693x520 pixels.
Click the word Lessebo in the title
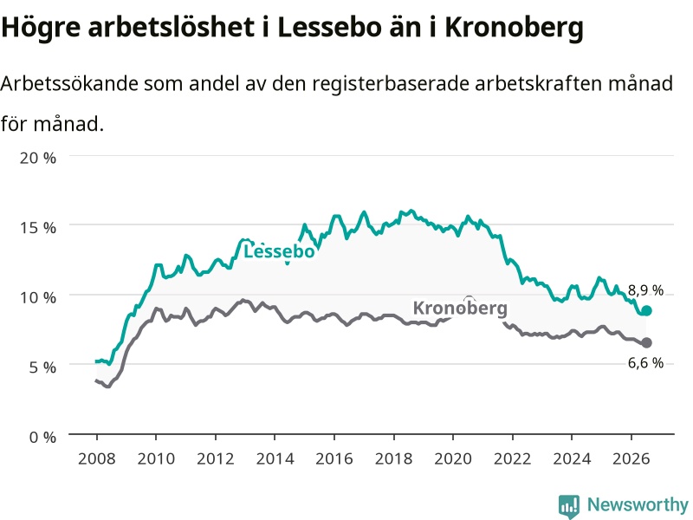[x=329, y=28]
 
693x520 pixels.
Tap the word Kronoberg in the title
[x=514, y=29]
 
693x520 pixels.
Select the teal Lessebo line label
[x=279, y=251]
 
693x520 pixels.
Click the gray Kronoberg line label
[x=460, y=309]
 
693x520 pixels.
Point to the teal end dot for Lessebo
[x=646, y=310]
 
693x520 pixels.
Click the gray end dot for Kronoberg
[x=646, y=342]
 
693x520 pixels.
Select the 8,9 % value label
[x=645, y=290]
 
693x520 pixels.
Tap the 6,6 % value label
[x=645, y=363]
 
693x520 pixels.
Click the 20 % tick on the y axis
[x=38, y=158]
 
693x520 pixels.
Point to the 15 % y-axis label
[x=38, y=228]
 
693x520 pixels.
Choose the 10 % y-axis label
[x=38, y=297]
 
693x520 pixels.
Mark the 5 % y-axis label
[x=42, y=367]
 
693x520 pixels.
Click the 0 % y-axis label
[x=42, y=438]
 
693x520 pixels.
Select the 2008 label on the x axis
[x=97, y=458]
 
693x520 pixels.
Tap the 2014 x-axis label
[x=275, y=458]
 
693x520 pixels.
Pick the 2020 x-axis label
[x=453, y=458]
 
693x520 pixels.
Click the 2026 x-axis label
[x=631, y=458]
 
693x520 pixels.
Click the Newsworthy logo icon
[x=569, y=506]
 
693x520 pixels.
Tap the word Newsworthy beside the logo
[x=638, y=504]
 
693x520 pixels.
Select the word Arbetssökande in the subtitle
[x=69, y=83]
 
